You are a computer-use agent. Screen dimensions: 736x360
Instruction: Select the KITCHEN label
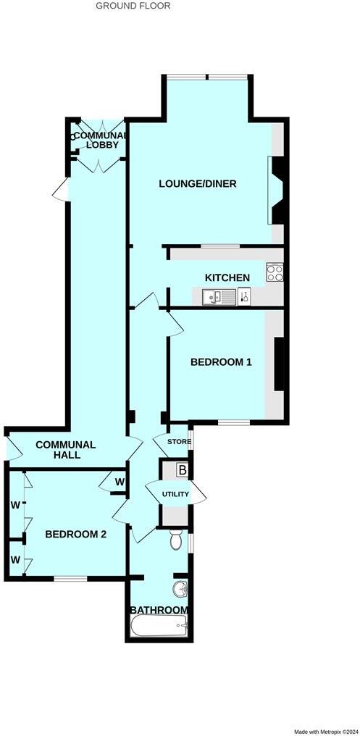pyautogui.click(x=227, y=277)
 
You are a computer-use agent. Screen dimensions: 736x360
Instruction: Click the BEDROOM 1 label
pyautogui.click(x=221, y=362)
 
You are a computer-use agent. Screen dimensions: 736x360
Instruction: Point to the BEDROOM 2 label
pyautogui.click(x=76, y=535)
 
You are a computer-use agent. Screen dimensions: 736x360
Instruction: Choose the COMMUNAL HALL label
pyautogui.click(x=65, y=450)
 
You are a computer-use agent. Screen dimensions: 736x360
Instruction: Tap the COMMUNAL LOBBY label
pyautogui.click(x=99, y=140)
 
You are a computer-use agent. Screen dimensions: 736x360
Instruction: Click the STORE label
pyautogui.click(x=179, y=442)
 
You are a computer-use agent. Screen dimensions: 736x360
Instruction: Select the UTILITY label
pyautogui.click(x=175, y=494)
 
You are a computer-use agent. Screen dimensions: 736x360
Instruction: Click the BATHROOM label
pyautogui.click(x=159, y=610)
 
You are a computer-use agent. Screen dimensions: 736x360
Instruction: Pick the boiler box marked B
pyautogui.click(x=183, y=471)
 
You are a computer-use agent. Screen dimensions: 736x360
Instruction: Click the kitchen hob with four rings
pyautogui.click(x=275, y=272)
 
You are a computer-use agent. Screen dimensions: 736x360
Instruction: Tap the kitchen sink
pyautogui.click(x=215, y=296)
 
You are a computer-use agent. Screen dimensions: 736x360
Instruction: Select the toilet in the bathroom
pyautogui.click(x=175, y=540)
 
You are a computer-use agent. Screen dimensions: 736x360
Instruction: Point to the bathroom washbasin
pyautogui.click(x=180, y=586)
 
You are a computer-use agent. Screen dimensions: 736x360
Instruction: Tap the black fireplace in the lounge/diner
pyautogui.click(x=278, y=191)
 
